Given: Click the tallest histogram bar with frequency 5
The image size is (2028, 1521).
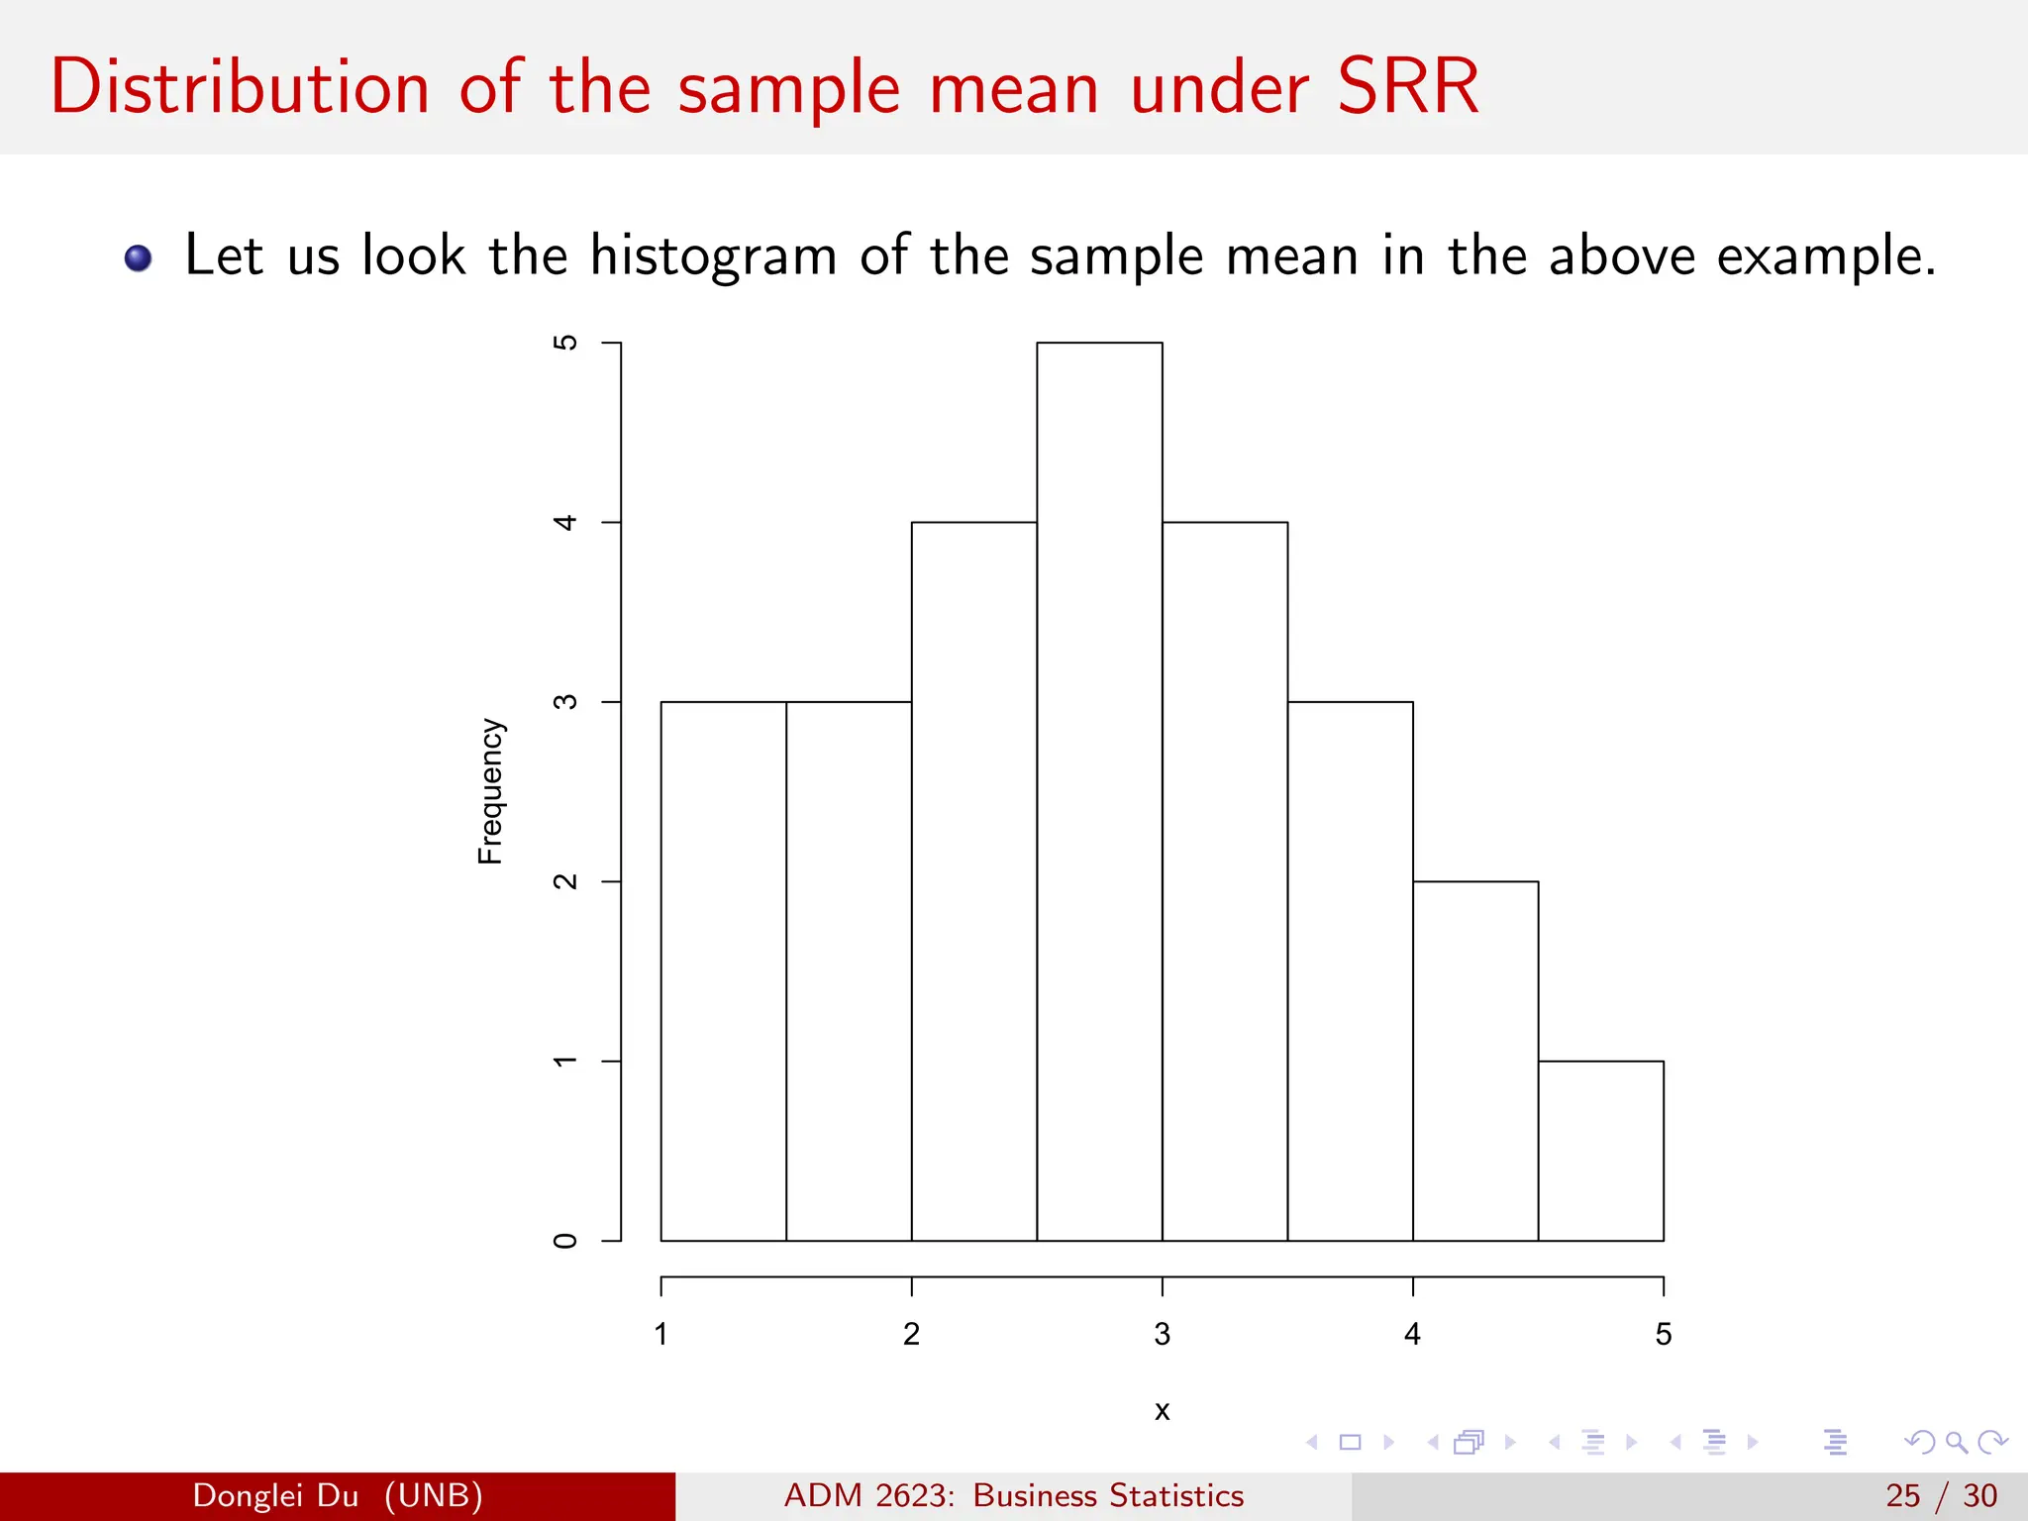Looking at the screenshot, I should (1099, 792).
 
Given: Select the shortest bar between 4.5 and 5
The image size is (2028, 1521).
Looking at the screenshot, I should (1600, 1151).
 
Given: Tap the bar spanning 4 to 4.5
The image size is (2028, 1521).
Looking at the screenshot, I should (1475, 1061).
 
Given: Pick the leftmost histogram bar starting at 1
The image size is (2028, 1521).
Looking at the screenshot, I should (723, 970).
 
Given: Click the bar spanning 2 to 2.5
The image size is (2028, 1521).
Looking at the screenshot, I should (973, 881).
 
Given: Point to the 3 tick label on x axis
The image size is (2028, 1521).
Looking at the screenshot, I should (1162, 1335).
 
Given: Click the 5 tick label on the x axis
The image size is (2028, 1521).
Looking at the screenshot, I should (1663, 1335).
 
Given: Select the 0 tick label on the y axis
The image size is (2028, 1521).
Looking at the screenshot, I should (564, 1241).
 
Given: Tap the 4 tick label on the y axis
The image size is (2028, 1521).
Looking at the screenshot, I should (564, 522).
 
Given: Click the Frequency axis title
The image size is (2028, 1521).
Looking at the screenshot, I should (491, 791).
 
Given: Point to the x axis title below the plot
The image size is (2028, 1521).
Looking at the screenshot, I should (1162, 1410).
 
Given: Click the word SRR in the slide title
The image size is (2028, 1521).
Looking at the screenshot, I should (1407, 87).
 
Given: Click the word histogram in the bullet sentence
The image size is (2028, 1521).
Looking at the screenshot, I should (713, 255).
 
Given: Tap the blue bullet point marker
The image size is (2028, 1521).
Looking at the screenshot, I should (139, 258).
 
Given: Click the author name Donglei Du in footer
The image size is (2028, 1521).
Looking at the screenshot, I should (275, 1495).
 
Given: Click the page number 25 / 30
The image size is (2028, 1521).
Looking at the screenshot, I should (1941, 1495).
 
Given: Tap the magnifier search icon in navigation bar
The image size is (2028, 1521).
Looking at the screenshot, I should (1956, 1442).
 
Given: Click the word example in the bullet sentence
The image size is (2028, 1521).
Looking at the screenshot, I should (1825, 255).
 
